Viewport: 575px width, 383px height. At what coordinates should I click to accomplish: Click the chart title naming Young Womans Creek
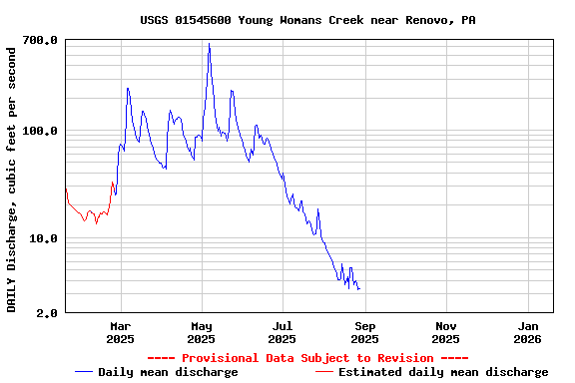pos(307,20)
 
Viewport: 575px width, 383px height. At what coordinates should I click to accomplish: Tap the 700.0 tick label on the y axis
pos(40,40)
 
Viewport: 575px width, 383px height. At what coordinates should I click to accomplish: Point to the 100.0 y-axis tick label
pos(40,131)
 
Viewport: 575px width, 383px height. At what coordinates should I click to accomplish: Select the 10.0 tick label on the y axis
pos(44,238)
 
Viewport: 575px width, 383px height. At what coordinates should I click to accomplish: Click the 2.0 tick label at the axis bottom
pos(47,313)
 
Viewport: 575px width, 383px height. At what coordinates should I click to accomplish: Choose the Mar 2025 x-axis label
pos(120,332)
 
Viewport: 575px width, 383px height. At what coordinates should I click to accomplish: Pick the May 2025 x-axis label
pos(202,332)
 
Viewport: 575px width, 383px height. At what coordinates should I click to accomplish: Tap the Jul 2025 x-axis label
pos(284,332)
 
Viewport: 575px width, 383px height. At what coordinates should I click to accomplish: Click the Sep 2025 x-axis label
pos(365,332)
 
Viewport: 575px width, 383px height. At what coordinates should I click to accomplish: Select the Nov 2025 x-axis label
pos(446,332)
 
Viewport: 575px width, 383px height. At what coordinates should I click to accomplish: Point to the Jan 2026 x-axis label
pos(528,332)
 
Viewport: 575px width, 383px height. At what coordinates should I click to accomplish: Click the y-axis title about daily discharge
pos(12,178)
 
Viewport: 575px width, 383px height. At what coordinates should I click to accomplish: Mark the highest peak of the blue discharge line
pos(209,44)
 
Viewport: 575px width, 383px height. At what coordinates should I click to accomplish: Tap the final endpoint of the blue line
pos(359,289)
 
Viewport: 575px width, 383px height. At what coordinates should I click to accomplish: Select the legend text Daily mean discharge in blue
pos(169,372)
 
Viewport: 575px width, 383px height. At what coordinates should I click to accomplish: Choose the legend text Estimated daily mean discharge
pos(443,372)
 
